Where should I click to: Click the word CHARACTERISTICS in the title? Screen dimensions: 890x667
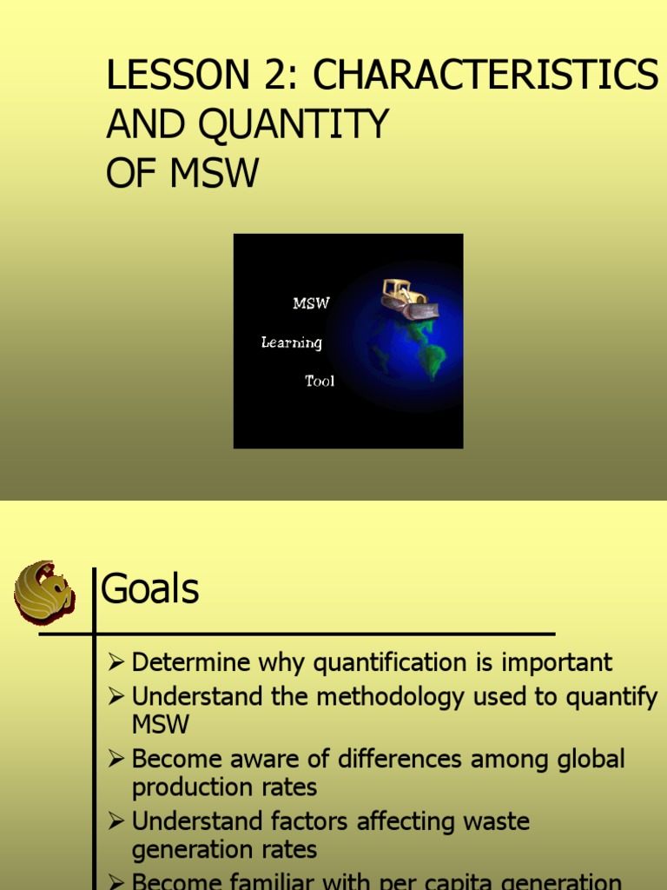tap(485, 77)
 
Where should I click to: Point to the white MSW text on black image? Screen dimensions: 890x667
tap(311, 304)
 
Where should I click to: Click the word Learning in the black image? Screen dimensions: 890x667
tap(292, 342)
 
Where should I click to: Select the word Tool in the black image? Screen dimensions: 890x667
tap(320, 381)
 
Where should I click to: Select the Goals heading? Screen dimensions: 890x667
tap(150, 590)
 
